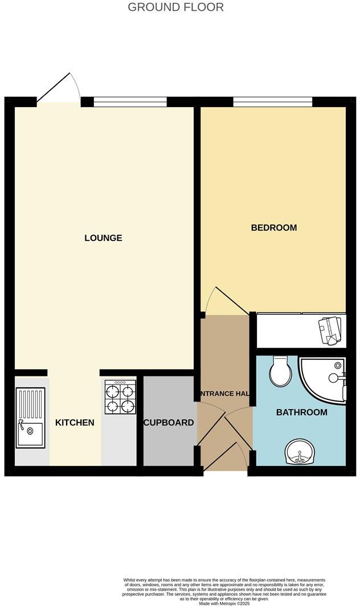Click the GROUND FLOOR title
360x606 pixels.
(x=175, y=7)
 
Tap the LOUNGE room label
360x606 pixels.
(x=103, y=238)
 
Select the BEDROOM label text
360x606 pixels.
(x=274, y=228)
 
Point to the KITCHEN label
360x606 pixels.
(x=75, y=423)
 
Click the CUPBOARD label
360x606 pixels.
(x=169, y=423)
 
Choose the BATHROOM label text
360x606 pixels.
(x=301, y=412)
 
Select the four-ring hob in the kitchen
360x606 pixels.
(x=120, y=396)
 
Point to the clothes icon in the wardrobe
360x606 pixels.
(x=330, y=329)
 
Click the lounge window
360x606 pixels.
(x=130, y=102)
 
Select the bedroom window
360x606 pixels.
(x=273, y=102)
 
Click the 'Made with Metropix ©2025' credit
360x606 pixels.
(x=224, y=603)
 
